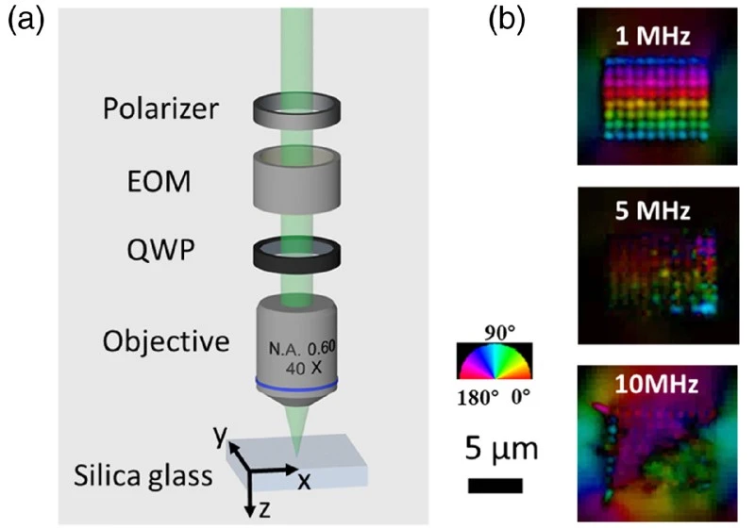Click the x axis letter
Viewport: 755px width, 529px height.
tap(304, 480)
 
